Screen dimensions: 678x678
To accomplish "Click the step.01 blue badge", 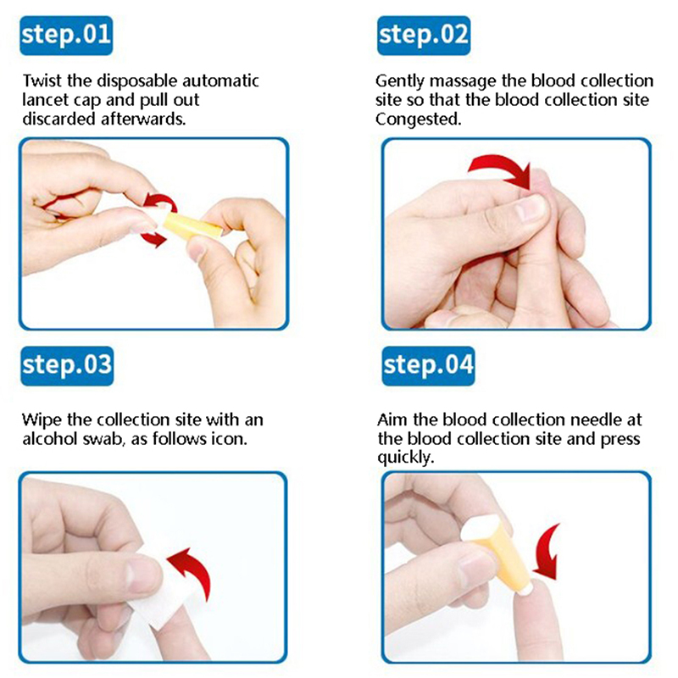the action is tap(66, 36).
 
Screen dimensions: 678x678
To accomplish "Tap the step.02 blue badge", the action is tap(424, 36).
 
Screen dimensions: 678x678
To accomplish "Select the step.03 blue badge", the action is tap(67, 366).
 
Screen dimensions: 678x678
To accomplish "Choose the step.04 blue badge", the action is tap(428, 366).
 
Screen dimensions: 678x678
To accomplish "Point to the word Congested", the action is tap(418, 119).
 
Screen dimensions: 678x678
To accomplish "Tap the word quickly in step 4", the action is tap(405, 458).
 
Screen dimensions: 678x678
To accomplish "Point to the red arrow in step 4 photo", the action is tap(546, 553).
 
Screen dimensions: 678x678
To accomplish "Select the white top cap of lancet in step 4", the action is tap(480, 527).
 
